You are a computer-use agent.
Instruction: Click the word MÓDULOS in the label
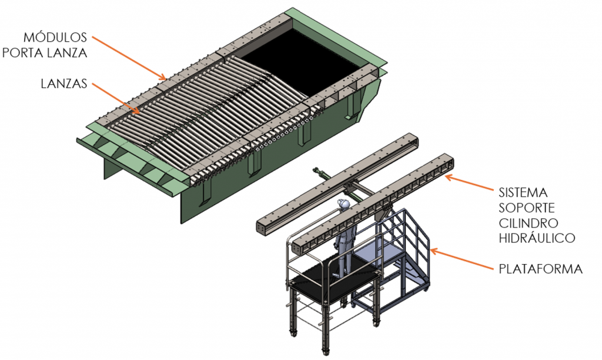coord(55,37)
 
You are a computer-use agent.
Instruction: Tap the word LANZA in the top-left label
coord(66,52)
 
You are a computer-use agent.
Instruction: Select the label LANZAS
coord(64,84)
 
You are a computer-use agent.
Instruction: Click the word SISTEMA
coord(523,192)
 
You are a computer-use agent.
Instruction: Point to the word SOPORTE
coord(527,208)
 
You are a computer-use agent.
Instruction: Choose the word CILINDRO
coord(529,223)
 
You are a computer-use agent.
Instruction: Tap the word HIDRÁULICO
coord(537,238)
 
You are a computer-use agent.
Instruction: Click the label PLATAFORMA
coord(541,269)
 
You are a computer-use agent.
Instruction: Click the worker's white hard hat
coord(342,204)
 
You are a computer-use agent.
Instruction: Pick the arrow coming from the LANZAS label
coord(116,99)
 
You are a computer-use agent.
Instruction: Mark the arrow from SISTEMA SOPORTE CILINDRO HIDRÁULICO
coord(469,183)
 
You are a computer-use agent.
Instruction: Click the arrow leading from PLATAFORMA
coord(462,259)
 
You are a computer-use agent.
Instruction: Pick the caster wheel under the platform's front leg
coord(325,351)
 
